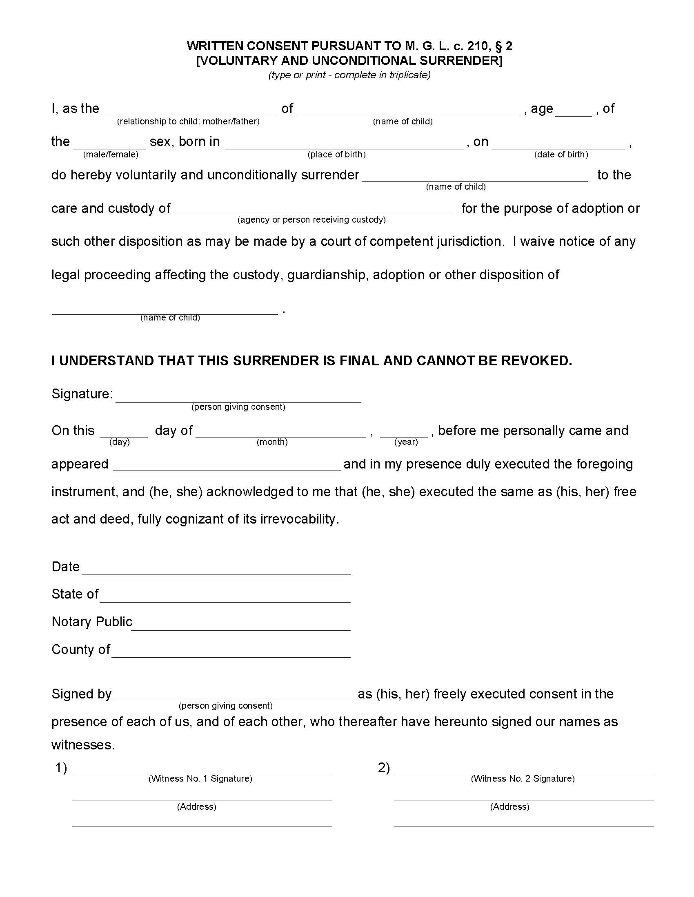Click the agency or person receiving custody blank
[x=313, y=211]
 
